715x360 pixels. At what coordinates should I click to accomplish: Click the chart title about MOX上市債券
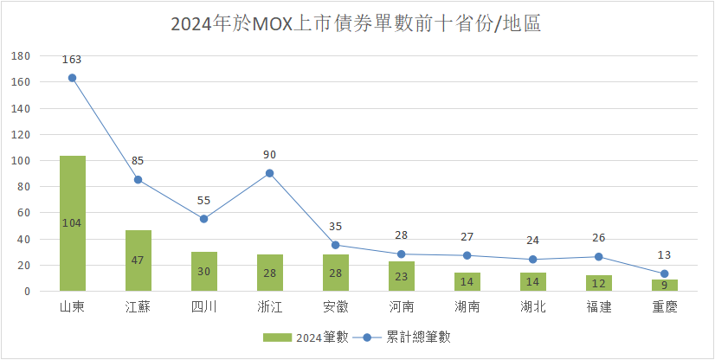356,23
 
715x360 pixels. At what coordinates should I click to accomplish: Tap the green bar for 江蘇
138,260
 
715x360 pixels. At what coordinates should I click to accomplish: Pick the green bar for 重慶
665,286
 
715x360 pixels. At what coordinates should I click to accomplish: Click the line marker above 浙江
270,173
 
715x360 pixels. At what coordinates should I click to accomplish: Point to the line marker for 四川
204,219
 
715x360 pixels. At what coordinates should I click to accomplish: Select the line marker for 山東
72,78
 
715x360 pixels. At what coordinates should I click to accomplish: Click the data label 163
72,60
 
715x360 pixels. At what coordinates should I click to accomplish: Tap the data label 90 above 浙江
270,155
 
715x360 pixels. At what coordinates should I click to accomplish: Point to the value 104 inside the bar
72,223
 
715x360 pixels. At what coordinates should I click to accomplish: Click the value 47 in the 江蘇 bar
138,260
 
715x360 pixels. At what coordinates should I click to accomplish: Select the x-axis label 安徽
336,308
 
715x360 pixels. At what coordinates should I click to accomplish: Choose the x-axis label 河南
402,308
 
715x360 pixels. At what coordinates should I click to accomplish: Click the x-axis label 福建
599,308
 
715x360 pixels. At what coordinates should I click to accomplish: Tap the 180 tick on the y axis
21,56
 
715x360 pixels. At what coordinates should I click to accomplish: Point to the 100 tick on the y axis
21,161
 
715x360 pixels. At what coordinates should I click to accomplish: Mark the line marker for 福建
599,257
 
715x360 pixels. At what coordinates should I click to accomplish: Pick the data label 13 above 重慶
665,255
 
